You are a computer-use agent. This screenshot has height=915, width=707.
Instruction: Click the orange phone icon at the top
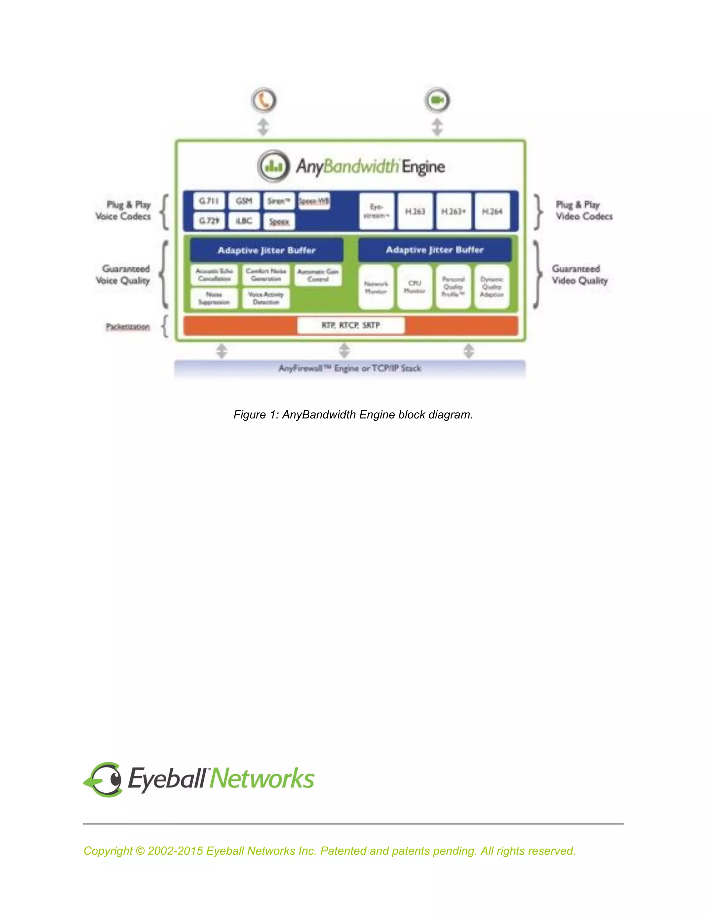pyautogui.click(x=264, y=100)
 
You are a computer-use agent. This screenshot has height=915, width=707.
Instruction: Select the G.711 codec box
pyautogui.click(x=209, y=201)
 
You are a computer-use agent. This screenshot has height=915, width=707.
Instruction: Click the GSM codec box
pyautogui.click(x=244, y=201)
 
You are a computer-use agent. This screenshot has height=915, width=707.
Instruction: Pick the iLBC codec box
pyautogui.click(x=244, y=221)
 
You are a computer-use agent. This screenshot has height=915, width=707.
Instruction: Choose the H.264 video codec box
pyautogui.click(x=492, y=212)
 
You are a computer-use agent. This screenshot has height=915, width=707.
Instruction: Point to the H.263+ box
pyautogui.click(x=454, y=212)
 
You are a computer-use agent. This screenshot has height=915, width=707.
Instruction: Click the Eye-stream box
pyautogui.click(x=377, y=212)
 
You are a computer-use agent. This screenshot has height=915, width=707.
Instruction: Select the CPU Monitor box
pyautogui.click(x=414, y=287)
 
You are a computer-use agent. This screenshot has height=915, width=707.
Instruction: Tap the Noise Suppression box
pyautogui.click(x=214, y=298)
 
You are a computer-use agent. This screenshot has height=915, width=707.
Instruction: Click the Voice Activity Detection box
pyautogui.click(x=265, y=298)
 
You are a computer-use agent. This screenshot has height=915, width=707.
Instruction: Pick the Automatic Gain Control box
pyautogui.click(x=318, y=275)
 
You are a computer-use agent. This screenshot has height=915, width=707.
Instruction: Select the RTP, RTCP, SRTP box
pyautogui.click(x=351, y=325)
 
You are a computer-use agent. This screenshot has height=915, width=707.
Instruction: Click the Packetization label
pyautogui.click(x=127, y=326)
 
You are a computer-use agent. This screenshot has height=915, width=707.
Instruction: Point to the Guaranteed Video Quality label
pyautogui.click(x=580, y=274)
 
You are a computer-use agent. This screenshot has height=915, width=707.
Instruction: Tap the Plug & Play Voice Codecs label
pyautogui.click(x=123, y=211)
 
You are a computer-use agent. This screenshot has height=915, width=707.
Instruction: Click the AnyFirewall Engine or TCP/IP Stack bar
pyautogui.click(x=350, y=368)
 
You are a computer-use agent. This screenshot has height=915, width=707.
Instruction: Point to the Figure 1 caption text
pyautogui.click(x=353, y=414)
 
